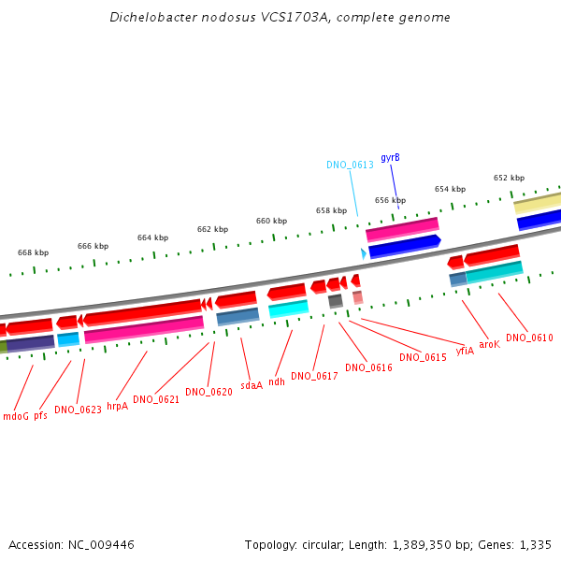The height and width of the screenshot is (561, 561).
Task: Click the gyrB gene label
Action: pos(390,158)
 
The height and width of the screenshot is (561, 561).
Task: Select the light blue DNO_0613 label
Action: pos(350,165)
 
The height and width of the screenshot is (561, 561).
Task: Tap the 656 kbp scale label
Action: pos(390,200)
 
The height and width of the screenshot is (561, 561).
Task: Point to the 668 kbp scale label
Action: pos(34,252)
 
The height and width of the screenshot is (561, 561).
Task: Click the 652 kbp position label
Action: pos(510,178)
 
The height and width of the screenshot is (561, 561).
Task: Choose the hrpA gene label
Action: pos(118,406)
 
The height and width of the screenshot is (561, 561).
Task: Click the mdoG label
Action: pos(16,416)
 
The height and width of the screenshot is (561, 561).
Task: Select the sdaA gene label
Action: pos(252,385)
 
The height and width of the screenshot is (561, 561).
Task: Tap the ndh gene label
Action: pos(277,381)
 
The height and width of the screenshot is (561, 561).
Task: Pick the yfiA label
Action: pos(465,351)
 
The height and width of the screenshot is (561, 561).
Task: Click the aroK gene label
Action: pos(489,344)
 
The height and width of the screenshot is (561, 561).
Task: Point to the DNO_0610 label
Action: pos(529,338)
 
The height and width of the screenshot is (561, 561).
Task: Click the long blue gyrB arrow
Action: pos(405,246)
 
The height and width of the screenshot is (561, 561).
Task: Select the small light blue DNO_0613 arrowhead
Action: pos(364,253)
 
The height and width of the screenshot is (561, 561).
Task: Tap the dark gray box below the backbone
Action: pos(336,301)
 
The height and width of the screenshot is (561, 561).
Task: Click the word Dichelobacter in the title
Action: pos(153,17)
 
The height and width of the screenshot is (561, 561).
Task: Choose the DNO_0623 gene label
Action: pos(78,410)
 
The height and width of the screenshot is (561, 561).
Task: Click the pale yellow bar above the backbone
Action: pos(537,203)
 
